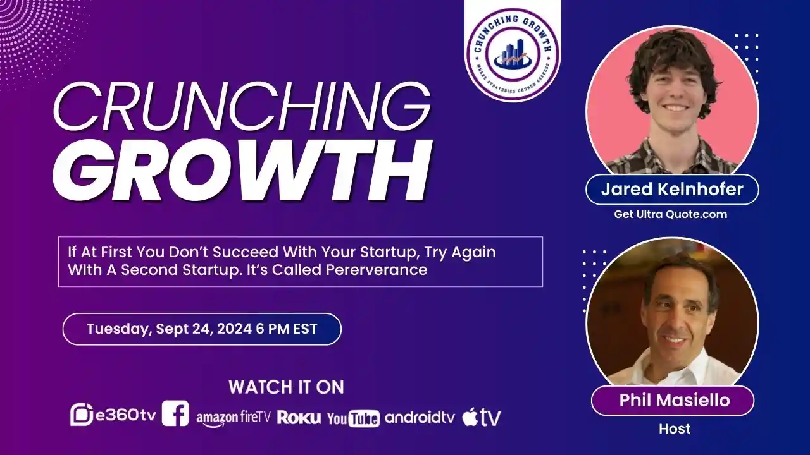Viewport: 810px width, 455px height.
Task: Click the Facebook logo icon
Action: [x=175, y=413]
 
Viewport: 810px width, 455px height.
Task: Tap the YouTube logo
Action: [x=353, y=418]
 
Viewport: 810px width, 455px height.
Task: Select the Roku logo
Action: [x=299, y=418]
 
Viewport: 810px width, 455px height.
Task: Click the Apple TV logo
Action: [x=482, y=417]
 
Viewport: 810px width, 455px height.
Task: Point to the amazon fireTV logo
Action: [x=234, y=419]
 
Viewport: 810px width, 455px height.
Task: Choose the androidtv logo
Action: [x=420, y=418]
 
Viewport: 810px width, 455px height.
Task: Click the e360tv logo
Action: [x=113, y=415]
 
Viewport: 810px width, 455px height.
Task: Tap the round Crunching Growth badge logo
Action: [x=513, y=55]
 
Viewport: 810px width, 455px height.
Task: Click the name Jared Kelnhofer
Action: [x=672, y=189]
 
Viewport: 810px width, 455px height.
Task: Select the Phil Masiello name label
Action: [x=675, y=400]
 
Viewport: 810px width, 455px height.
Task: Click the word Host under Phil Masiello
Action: [x=675, y=428]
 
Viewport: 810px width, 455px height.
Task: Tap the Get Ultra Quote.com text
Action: [x=670, y=214]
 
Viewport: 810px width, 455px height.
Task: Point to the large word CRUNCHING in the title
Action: [x=242, y=107]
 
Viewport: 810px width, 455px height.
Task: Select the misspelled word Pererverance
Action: [x=377, y=270]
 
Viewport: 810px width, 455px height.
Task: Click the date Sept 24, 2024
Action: [x=204, y=329]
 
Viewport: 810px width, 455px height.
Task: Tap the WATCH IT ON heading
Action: [x=287, y=387]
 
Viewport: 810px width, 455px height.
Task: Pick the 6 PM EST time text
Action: [x=287, y=329]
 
